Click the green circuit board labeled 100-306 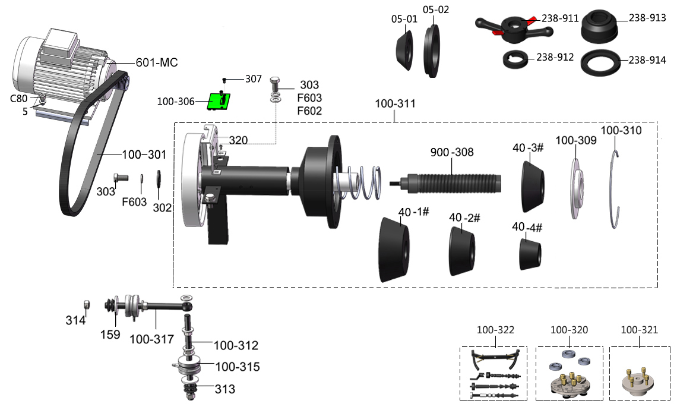click(219, 102)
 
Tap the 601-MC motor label click(157, 62)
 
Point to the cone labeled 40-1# click(394, 250)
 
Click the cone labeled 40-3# click(532, 185)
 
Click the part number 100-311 click(395, 103)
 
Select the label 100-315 click(236, 367)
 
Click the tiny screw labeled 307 click(224, 80)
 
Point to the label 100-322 click(495, 330)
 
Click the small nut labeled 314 click(86, 304)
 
